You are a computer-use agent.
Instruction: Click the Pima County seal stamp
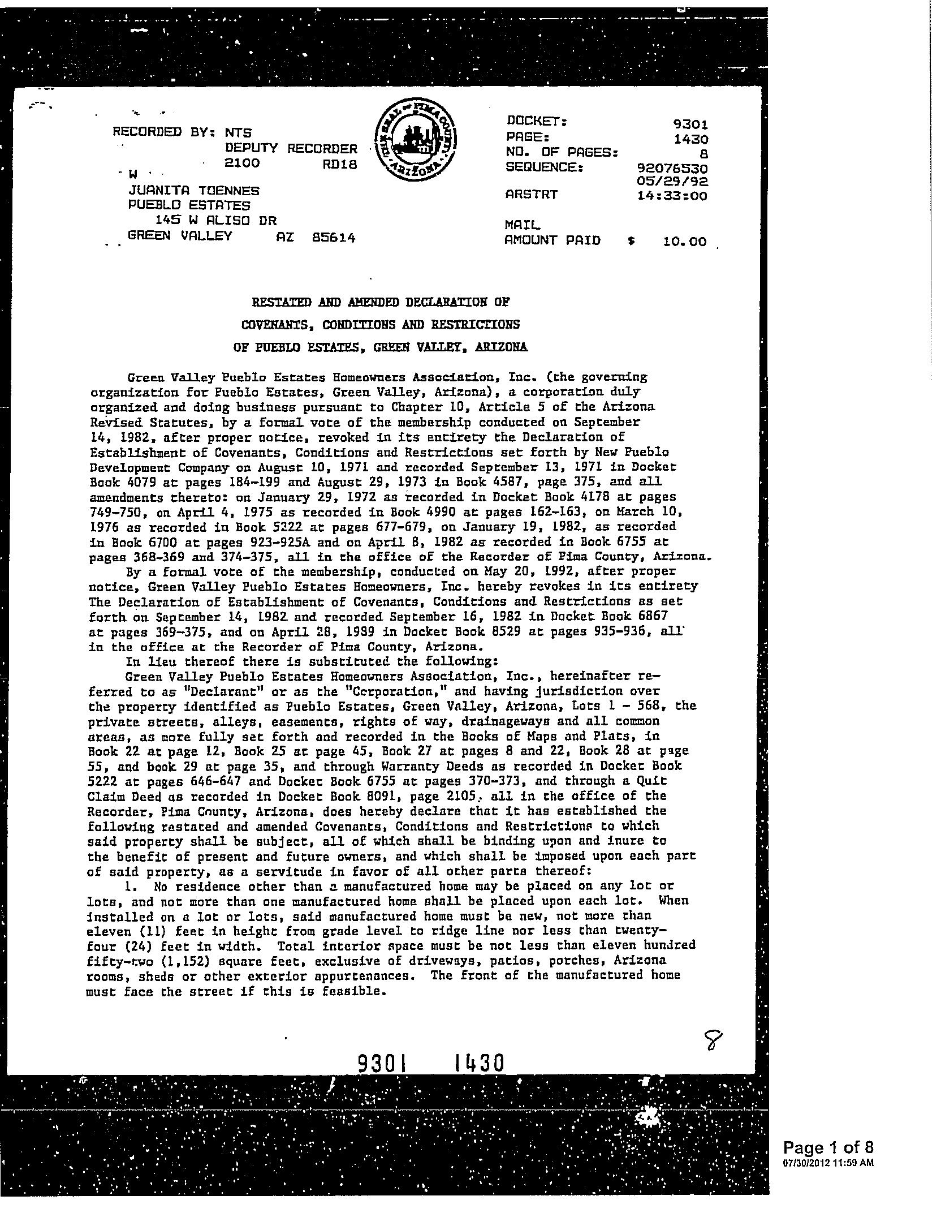click(x=416, y=138)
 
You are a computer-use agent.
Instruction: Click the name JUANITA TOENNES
click(x=194, y=191)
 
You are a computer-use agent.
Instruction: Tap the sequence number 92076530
click(x=672, y=169)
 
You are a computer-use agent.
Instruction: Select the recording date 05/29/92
click(x=672, y=182)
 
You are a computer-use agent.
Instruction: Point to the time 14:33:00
click(x=672, y=196)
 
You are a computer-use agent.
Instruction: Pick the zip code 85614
click(x=334, y=238)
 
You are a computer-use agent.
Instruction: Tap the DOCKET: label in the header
click(x=537, y=121)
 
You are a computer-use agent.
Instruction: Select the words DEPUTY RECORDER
click(x=291, y=149)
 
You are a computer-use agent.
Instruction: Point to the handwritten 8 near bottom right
click(x=714, y=1039)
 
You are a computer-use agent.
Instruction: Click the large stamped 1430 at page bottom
click(x=478, y=1064)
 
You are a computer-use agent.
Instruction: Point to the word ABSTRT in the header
click(x=531, y=195)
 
